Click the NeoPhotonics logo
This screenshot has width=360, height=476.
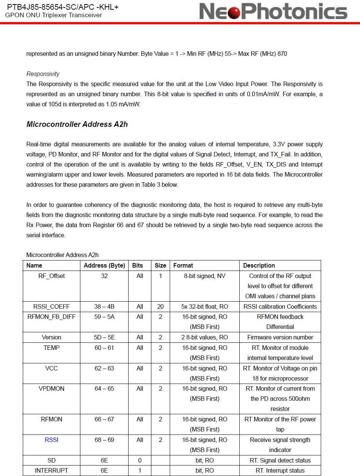(x=273, y=11)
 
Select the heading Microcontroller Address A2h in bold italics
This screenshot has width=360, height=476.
(x=77, y=124)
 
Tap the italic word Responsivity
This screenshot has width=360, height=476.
(x=43, y=74)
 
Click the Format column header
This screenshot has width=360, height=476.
(x=183, y=265)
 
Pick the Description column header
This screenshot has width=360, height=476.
(x=259, y=265)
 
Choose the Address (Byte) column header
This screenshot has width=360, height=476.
(x=104, y=265)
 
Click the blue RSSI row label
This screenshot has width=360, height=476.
(x=52, y=440)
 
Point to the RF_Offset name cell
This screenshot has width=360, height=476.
(x=52, y=276)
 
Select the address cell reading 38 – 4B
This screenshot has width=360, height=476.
(x=104, y=306)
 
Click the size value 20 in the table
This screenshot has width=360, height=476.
(x=160, y=306)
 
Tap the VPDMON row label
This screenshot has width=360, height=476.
(x=52, y=388)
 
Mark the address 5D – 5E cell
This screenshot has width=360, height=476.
(x=104, y=337)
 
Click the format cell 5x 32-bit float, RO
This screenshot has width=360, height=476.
(x=204, y=306)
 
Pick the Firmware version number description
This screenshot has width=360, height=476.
(x=280, y=337)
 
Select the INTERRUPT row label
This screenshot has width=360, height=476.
(x=52, y=470)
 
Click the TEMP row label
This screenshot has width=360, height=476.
(x=52, y=348)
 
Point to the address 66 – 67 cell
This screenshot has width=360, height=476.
(x=104, y=419)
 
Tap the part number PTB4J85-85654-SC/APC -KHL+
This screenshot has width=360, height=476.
(x=63, y=7)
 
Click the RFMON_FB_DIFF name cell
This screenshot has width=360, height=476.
(x=52, y=317)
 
